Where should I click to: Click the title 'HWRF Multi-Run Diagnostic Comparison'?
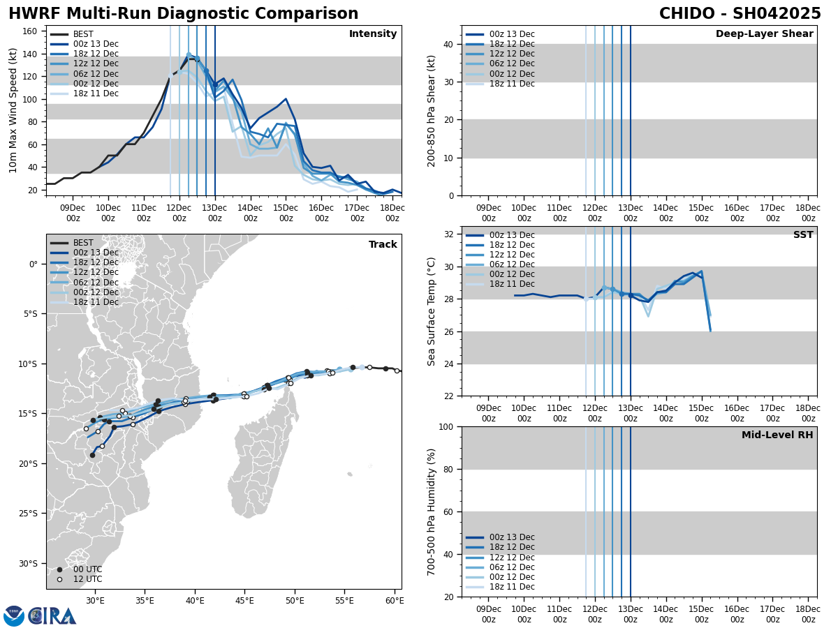tap(183, 14)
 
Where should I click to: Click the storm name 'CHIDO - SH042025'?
tap(740, 14)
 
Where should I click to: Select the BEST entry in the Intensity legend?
tap(82, 34)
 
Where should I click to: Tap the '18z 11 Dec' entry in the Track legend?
tap(96, 302)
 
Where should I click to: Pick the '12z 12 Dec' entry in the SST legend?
tap(511, 255)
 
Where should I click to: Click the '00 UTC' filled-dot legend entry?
tap(87, 569)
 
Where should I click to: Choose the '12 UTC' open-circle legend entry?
tap(87, 579)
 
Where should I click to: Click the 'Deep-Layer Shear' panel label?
tap(764, 34)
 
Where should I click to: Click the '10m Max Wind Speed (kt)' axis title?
tap(13, 110)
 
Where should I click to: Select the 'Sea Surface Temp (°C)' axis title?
tap(432, 311)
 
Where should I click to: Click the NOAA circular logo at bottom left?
tap(13, 615)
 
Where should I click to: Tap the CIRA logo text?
tap(53, 615)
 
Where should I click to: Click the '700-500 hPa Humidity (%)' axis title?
tap(432, 511)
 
